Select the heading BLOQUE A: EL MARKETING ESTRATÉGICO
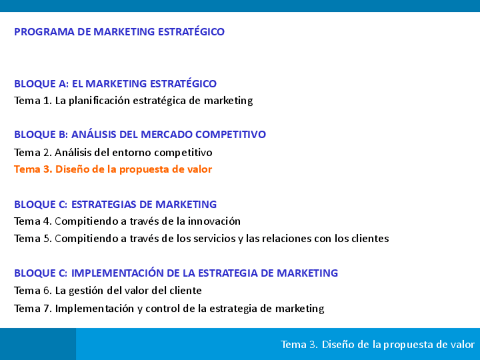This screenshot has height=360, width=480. pyautogui.click(x=115, y=83)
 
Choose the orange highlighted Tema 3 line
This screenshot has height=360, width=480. pyautogui.click(x=113, y=169)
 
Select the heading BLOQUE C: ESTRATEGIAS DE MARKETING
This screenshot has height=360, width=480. pyautogui.click(x=115, y=204)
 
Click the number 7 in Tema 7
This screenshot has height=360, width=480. pyautogui.click(x=46, y=308)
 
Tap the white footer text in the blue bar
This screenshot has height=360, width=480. pyautogui.click(x=378, y=344)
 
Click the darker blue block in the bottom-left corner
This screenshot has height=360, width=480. pyautogui.click(x=38, y=344)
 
